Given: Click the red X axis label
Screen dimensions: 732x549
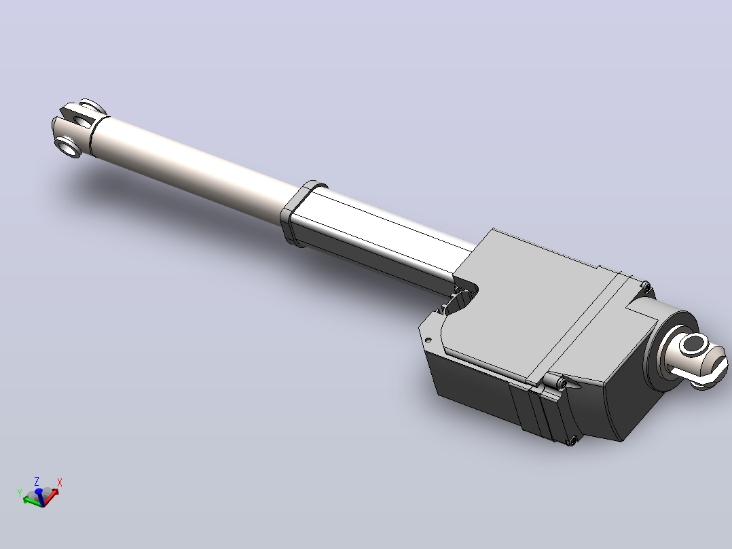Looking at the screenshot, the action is click(x=59, y=482).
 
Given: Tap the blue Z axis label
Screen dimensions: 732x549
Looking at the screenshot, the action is click(x=37, y=481).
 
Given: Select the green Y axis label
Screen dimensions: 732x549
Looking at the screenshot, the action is click(x=20, y=493).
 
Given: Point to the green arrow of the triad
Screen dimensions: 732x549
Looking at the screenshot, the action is click(x=32, y=501).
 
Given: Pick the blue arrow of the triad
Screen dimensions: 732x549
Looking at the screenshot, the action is click(x=39, y=497).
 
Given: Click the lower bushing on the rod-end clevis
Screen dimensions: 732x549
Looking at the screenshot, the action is click(x=68, y=147).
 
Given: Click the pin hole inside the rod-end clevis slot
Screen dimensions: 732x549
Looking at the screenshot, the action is click(x=82, y=122).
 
